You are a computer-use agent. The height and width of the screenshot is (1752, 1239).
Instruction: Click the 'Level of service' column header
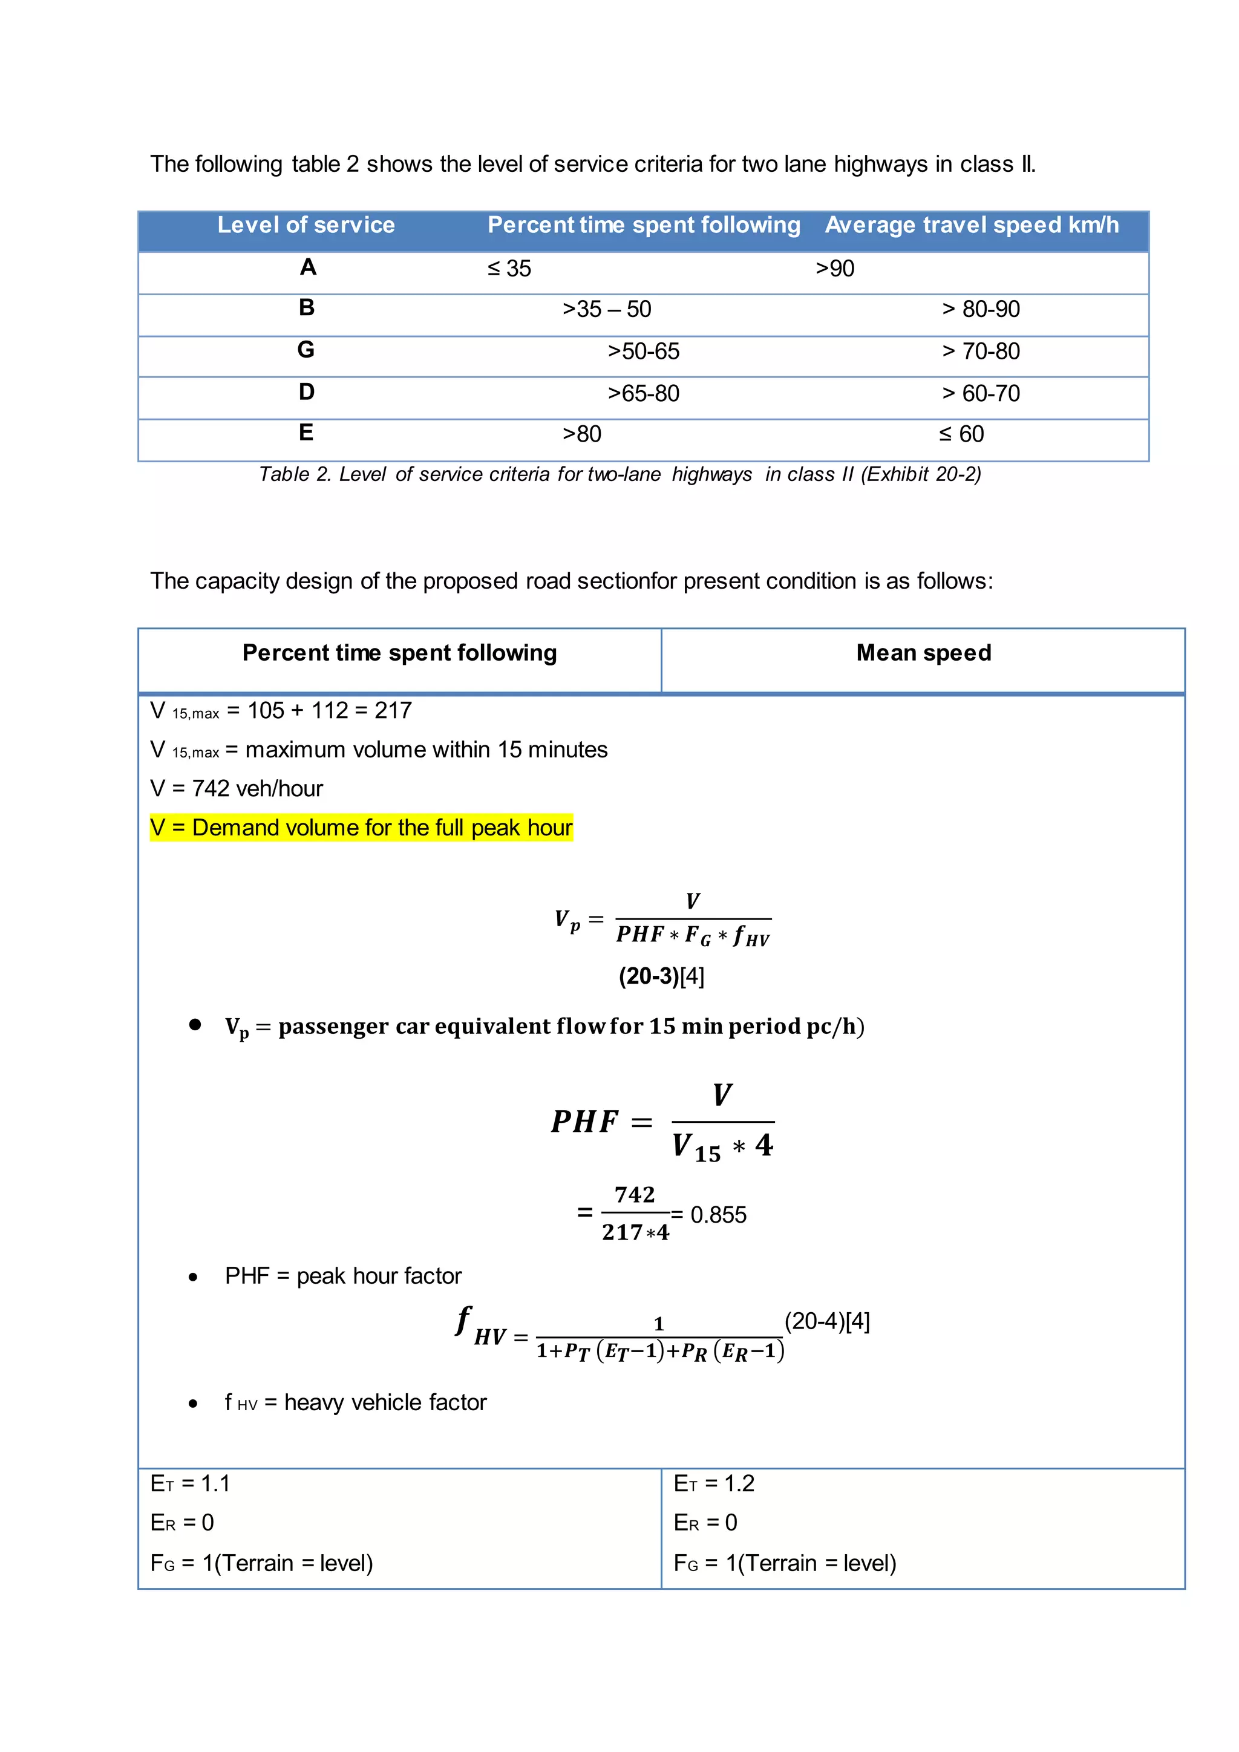tap(306, 225)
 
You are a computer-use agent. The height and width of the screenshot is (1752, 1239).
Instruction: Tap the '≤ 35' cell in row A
tap(509, 269)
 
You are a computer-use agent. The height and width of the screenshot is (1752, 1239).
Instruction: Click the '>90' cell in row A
tap(835, 269)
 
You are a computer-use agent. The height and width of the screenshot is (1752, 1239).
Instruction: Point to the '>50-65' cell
tap(643, 351)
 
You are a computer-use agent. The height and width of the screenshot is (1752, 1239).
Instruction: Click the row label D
tap(306, 392)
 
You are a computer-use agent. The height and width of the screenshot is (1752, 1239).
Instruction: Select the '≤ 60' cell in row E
tap(961, 434)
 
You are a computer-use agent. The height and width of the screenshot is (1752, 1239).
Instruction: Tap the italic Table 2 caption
tap(619, 475)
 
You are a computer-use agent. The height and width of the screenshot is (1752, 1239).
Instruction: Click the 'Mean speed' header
tap(923, 653)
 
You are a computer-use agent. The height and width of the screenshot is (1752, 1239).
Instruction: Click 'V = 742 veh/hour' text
tap(237, 788)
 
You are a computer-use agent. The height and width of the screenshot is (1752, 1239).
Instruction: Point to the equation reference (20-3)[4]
tap(661, 976)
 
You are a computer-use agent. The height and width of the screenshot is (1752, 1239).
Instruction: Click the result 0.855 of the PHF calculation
tap(718, 1215)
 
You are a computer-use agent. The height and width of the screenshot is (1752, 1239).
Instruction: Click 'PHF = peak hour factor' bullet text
tap(343, 1276)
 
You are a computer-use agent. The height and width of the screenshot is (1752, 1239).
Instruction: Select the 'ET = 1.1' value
tap(190, 1483)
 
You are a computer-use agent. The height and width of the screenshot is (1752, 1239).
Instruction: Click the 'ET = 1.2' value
tap(714, 1483)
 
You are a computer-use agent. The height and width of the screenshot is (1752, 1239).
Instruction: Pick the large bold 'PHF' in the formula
tap(584, 1122)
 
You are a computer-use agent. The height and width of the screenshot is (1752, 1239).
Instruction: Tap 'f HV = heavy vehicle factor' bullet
tap(356, 1402)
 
